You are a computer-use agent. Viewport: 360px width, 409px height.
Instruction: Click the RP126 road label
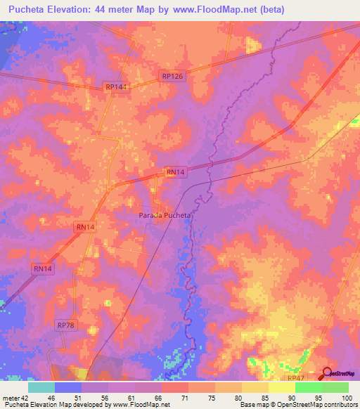tap(172, 76)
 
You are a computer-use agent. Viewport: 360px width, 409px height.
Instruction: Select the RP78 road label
tap(65, 325)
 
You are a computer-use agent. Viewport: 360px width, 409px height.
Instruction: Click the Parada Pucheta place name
tap(165, 215)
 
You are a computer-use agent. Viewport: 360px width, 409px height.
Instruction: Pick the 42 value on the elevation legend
tap(25, 397)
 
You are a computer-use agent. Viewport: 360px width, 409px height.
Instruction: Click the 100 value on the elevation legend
tap(347, 397)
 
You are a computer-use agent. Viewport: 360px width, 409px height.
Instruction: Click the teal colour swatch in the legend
tap(41, 387)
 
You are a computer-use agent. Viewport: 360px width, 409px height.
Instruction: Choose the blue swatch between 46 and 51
tap(68, 387)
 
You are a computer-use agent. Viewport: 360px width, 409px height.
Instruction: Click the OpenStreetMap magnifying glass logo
tap(328, 374)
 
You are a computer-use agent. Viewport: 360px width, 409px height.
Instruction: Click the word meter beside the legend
tap(10, 397)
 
